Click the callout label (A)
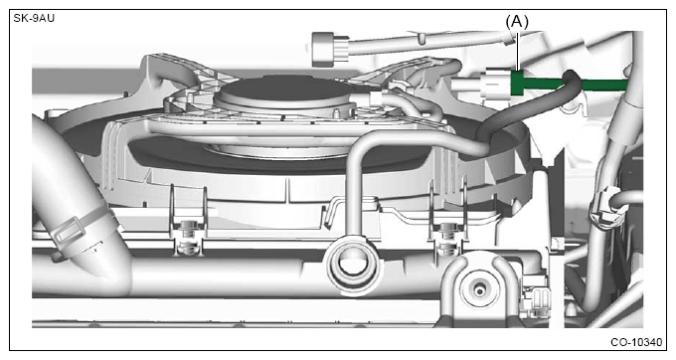[517, 22]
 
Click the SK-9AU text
[34, 19]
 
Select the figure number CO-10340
[636, 342]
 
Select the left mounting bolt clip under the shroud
[188, 237]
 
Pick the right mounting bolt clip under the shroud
[448, 237]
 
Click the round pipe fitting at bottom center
[353, 266]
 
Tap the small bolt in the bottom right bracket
[479, 289]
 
